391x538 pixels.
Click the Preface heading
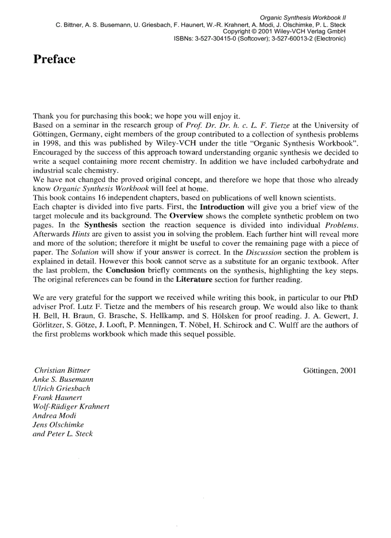click(54, 59)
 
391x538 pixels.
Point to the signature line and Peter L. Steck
click(63, 434)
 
